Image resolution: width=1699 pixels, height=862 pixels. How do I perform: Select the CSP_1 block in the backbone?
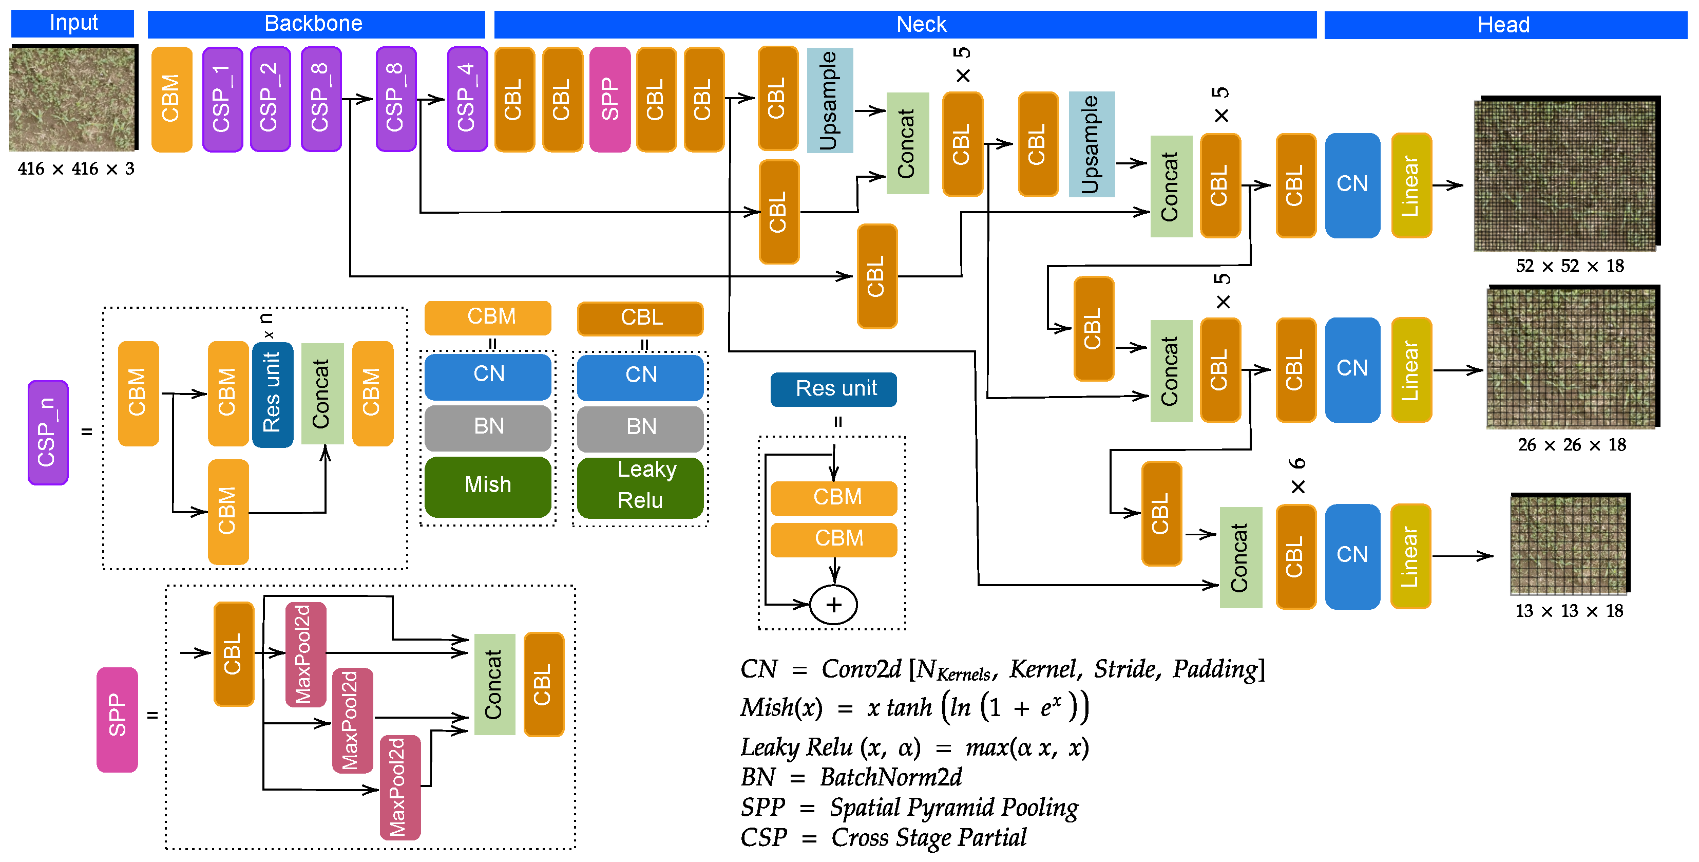(x=222, y=99)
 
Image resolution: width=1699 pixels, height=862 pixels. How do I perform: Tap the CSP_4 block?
(x=466, y=99)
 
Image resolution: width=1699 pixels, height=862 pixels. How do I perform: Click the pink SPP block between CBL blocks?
(x=609, y=99)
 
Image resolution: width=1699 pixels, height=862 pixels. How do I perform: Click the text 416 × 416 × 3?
(x=76, y=169)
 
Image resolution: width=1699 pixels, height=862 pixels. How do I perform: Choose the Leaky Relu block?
(x=640, y=485)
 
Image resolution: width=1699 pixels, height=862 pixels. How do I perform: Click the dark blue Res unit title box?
(x=834, y=389)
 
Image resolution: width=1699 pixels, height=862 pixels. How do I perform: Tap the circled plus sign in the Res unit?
(x=834, y=605)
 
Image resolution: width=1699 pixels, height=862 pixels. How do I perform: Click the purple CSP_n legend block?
(x=47, y=433)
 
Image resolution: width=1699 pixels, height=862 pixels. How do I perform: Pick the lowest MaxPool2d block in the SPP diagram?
(x=399, y=787)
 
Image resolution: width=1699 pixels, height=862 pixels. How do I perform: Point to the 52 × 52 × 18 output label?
(x=1569, y=266)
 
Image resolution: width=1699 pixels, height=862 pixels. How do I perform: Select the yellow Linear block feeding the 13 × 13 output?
(x=1410, y=556)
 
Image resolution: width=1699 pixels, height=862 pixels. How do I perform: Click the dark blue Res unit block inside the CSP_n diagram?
(x=272, y=394)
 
